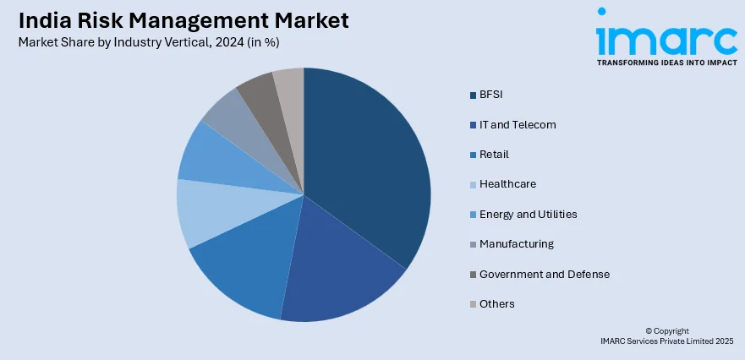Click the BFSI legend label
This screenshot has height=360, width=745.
pos(491,95)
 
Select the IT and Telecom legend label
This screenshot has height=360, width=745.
pos(518,124)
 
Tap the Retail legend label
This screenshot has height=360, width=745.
pos(494,155)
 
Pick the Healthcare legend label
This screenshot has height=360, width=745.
pos(507,184)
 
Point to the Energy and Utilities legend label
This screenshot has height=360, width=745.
pos(528,214)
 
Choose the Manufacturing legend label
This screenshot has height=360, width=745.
pos(516,244)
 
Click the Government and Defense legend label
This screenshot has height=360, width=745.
pos(544,274)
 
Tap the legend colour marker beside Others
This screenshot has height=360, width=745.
pos(472,304)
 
